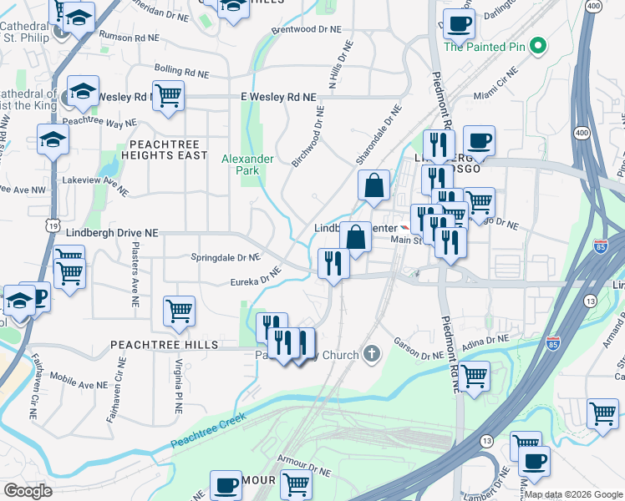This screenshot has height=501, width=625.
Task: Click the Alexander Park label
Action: coord(246,164)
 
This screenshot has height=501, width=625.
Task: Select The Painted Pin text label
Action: coord(485,47)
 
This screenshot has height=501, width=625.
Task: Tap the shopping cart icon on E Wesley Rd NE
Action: coord(168,96)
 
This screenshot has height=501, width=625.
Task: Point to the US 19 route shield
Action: coord(53,225)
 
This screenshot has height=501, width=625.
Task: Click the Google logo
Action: coord(28,491)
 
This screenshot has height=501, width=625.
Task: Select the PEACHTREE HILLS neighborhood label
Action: coord(162,344)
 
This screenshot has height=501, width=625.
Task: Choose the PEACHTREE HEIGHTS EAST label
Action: coord(163,149)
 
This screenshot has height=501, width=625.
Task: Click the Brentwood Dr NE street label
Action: coord(307,29)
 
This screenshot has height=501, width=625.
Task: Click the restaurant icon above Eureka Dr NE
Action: coord(333,264)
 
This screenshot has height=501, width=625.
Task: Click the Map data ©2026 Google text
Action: coord(573,494)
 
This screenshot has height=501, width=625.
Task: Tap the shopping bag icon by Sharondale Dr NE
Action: coord(374,185)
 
